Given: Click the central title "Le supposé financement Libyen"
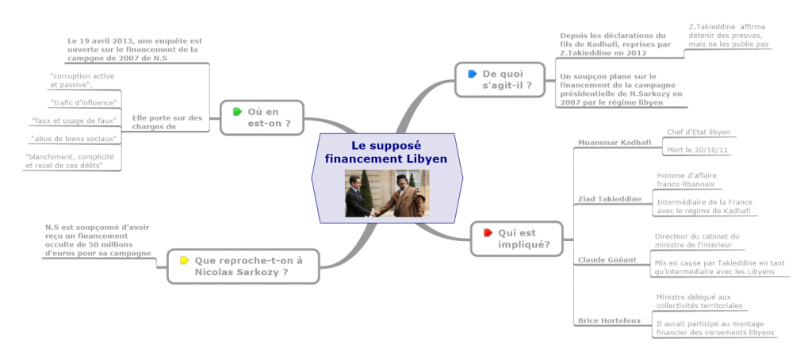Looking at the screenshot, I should tap(385, 152).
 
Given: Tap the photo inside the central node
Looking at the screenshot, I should tap(386, 193).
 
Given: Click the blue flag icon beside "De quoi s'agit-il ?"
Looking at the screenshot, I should tap(473, 74).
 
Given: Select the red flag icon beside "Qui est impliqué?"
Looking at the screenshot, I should tap(488, 232).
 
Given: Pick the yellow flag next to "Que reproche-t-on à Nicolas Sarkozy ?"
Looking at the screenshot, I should tap(185, 259).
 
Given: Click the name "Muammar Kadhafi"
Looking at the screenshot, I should tap(615, 143).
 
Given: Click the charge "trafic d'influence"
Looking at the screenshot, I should tap(84, 103).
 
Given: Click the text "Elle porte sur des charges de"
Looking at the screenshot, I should tap(167, 121).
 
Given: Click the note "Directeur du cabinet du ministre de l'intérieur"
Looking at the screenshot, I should tap(696, 239).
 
